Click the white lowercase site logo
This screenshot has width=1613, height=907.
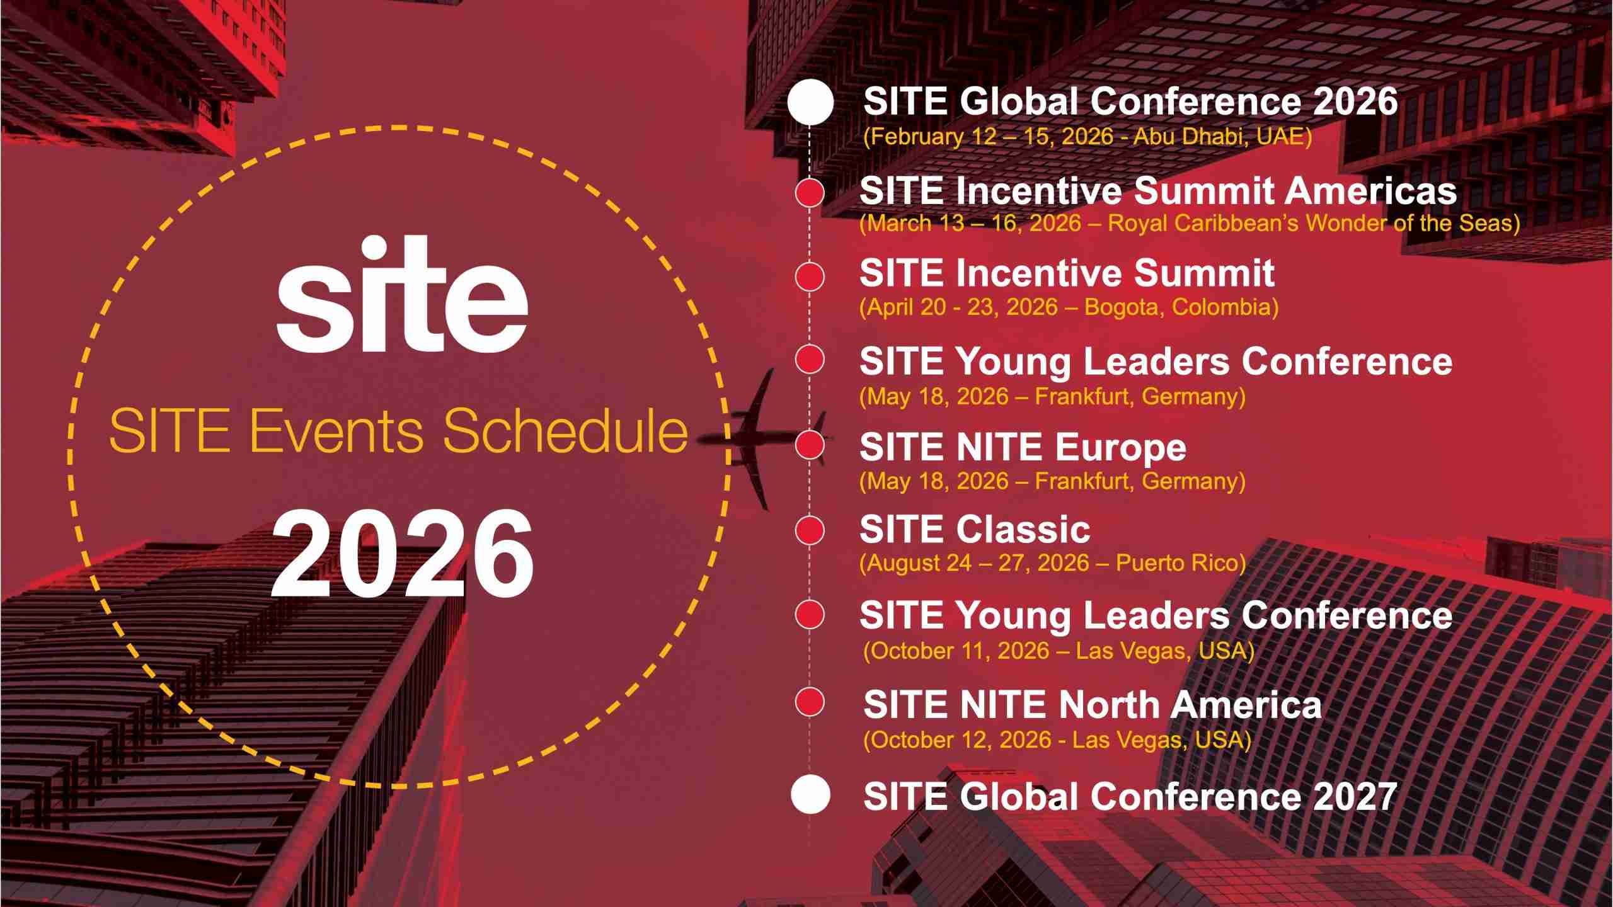402,294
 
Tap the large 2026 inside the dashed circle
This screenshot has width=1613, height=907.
402,554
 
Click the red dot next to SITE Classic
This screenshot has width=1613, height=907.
810,530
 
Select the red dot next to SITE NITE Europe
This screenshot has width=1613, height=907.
810,445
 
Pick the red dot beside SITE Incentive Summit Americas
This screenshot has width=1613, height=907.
810,192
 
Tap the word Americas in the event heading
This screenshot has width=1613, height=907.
1371,191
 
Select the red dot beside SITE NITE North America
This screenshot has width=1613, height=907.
810,702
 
